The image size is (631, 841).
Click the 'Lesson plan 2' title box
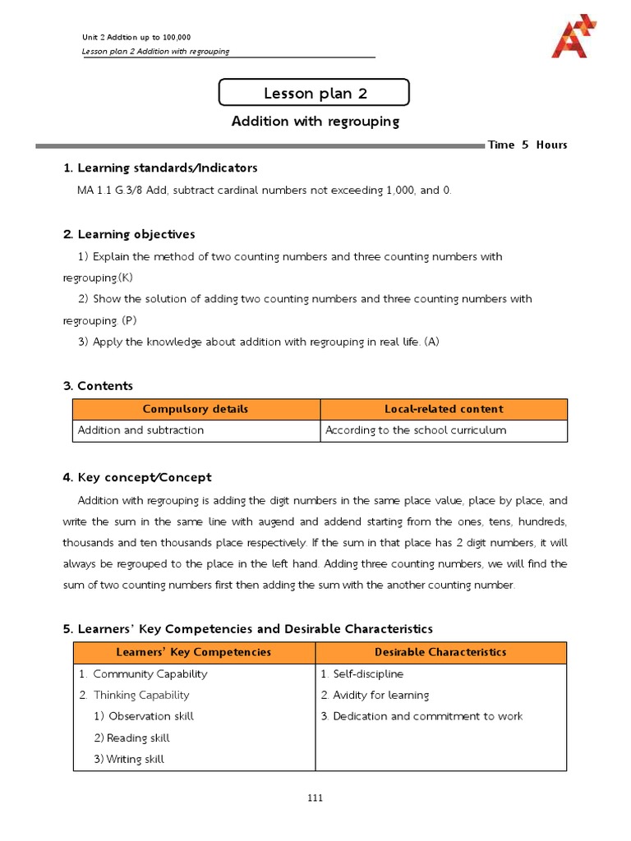[x=315, y=93]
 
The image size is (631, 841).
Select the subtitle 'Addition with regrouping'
[x=315, y=122]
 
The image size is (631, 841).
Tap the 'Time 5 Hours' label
[x=527, y=145]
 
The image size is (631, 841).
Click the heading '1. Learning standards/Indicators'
[x=160, y=168]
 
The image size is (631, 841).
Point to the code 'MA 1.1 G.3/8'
[x=110, y=191]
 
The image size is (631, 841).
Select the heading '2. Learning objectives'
[x=129, y=235]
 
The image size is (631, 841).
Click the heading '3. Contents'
[x=98, y=386]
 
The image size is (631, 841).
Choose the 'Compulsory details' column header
[x=196, y=409]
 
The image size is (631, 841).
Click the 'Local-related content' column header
[x=444, y=409]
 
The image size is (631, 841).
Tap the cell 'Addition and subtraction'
[x=140, y=430]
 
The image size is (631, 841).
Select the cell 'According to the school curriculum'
[x=416, y=430]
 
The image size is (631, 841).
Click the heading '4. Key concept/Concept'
[x=137, y=478]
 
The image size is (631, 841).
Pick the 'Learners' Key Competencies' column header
[x=195, y=652]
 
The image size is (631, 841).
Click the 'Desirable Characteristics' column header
[x=440, y=652]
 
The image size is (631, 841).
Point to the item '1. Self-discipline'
[x=362, y=674]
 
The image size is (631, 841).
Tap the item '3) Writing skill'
[x=129, y=760]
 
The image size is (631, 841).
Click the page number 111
[x=315, y=797]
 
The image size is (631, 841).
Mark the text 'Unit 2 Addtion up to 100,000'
[x=136, y=38]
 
